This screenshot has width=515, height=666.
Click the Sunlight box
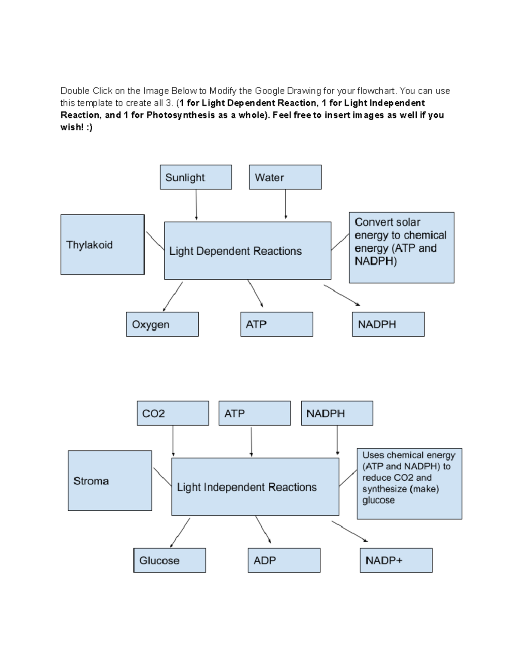[x=196, y=177]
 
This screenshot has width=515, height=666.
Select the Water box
[x=285, y=177]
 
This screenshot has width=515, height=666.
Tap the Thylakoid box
[x=102, y=244]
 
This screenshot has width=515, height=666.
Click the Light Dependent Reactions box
[x=248, y=251]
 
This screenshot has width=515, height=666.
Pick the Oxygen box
[x=162, y=324]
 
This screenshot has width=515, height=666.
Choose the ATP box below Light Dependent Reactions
[x=276, y=324]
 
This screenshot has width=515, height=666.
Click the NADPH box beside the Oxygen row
[x=388, y=324]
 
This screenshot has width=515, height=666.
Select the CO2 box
[x=173, y=413]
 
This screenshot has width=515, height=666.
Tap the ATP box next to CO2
[x=254, y=413]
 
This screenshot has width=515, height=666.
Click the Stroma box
[x=110, y=481]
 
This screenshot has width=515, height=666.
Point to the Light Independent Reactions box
[x=255, y=487]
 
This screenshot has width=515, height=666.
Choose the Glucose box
[x=170, y=560]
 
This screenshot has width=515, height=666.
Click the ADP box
[x=284, y=560]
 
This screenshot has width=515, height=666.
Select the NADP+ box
[x=396, y=560]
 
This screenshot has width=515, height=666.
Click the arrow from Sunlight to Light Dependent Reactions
[x=196, y=205]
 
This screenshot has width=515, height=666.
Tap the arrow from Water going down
[x=285, y=205]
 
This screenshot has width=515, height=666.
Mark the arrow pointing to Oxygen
[x=173, y=296]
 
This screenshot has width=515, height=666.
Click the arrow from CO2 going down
[x=173, y=441]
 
